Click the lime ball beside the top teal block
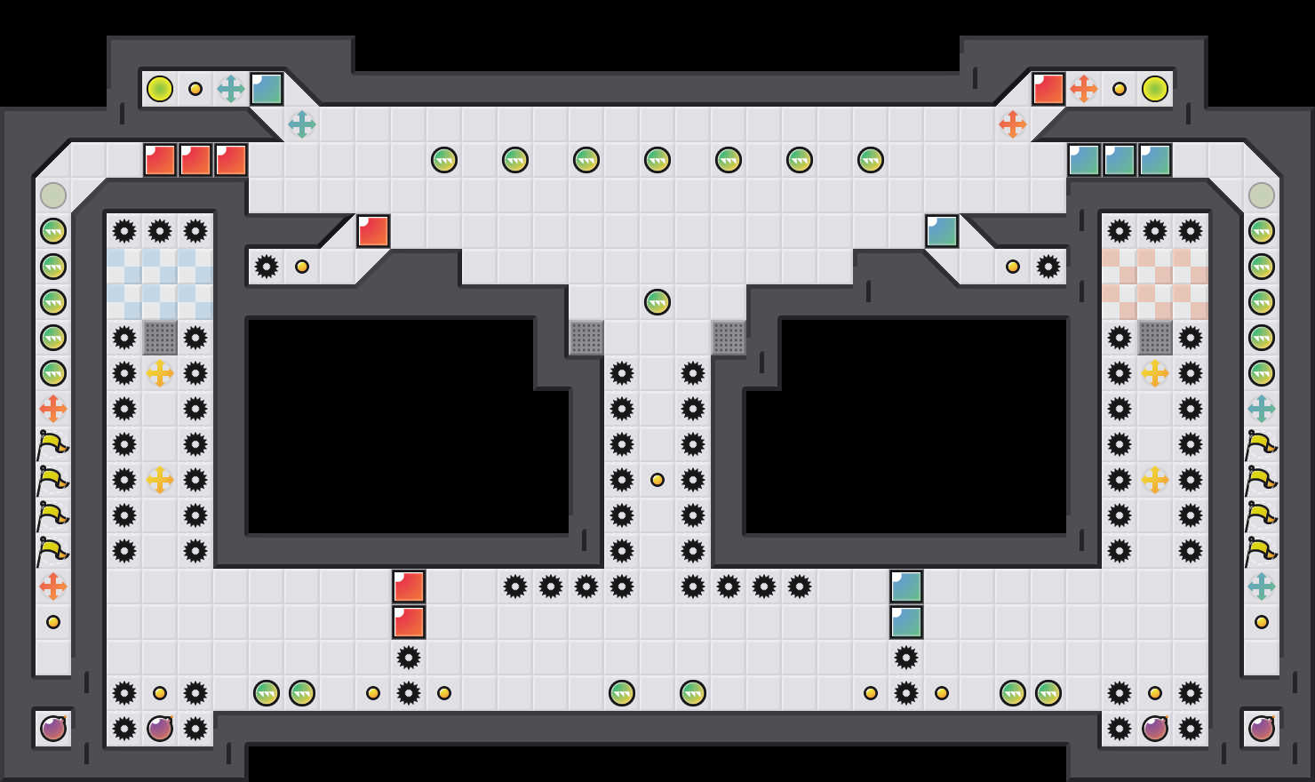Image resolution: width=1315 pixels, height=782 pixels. point(160,89)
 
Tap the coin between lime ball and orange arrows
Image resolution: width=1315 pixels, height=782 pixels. point(1120,89)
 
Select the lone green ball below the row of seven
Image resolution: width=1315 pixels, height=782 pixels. point(657,302)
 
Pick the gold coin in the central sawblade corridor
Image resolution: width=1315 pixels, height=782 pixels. point(657,480)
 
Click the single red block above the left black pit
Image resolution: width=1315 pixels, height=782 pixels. point(373,231)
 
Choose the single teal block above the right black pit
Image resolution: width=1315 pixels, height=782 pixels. point(942,231)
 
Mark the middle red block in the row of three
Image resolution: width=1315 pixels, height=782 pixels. point(195,160)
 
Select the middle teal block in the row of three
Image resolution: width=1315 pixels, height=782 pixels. point(1120,160)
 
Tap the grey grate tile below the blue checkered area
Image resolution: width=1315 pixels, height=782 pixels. point(160,338)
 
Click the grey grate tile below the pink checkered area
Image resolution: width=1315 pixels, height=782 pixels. point(1155,338)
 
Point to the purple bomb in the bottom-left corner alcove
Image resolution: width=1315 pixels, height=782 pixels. point(53,729)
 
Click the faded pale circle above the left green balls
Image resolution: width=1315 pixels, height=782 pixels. point(53,195)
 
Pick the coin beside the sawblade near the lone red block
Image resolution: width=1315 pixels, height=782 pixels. point(302,267)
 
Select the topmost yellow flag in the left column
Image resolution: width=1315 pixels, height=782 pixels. point(53,444)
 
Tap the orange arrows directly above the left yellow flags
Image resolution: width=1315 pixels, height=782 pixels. point(53,409)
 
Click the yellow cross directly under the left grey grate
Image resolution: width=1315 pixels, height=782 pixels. point(160,373)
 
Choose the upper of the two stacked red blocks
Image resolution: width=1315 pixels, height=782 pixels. point(409,586)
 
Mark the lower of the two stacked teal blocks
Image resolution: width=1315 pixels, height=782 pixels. point(906,622)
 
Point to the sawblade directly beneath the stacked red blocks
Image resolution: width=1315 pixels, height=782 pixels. point(409,658)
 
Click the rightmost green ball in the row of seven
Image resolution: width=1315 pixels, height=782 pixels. point(871,160)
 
